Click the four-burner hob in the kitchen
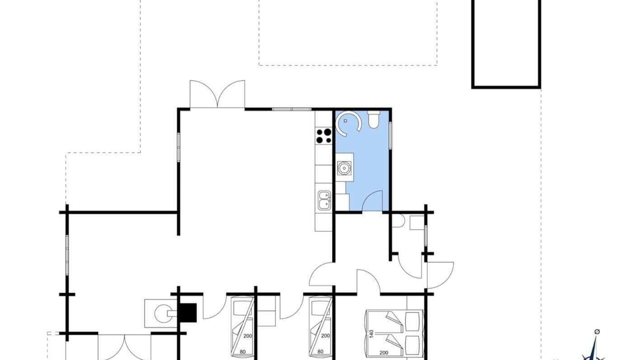tap(323, 136)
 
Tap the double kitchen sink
tap(324, 201)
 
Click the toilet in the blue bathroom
tap(373, 119)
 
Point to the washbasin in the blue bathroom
tap(343, 167)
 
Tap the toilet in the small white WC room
tap(397, 221)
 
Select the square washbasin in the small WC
tap(417, 222)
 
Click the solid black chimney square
tap(187, 313)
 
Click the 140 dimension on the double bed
tap(371, 334)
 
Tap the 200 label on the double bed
tap(383, 353)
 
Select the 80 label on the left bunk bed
tap(242, 351)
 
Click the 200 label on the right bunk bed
tap(325, 335)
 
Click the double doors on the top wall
tap(217, 94)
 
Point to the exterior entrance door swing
tap(440, 275)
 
